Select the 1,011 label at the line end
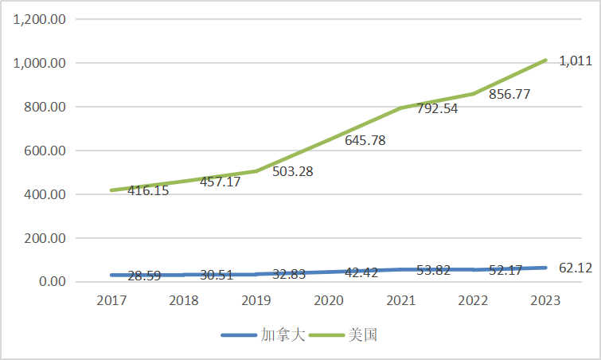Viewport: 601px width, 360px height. click(575, 61)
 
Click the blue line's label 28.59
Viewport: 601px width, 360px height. click(149, 276)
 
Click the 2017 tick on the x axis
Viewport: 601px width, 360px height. click(112, 300)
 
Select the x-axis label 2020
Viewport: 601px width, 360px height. click(328, 300)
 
